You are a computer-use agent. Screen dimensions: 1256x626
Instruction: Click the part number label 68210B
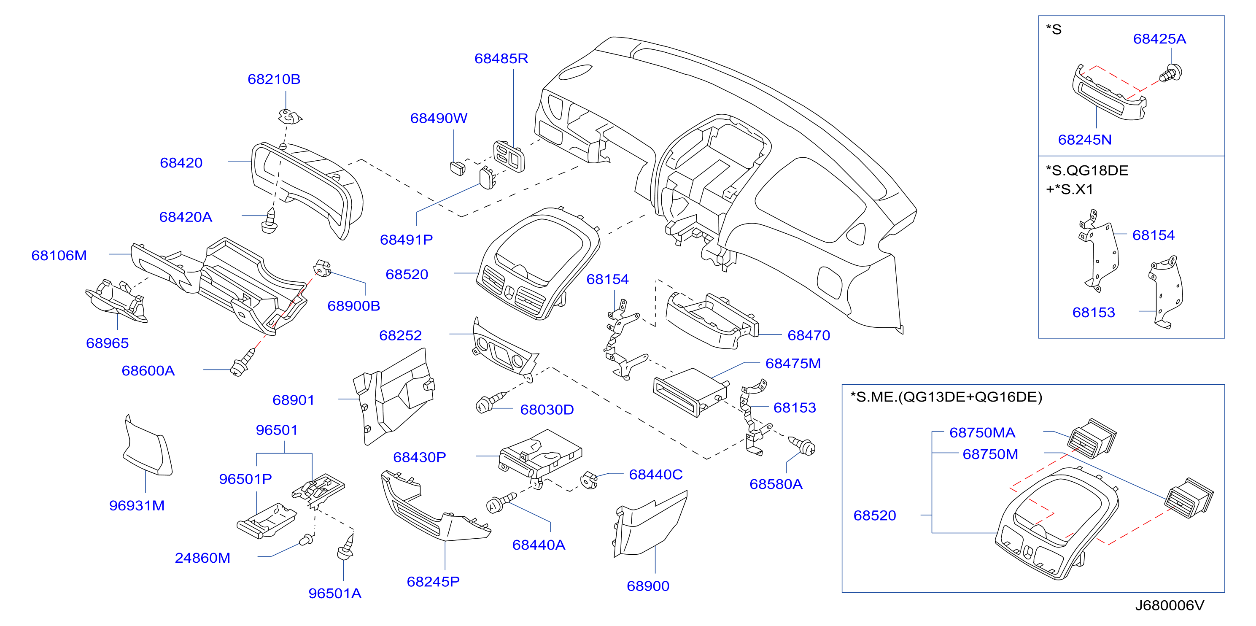(x=274, y=79)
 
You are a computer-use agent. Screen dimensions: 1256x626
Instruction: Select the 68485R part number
(x=501, y=59)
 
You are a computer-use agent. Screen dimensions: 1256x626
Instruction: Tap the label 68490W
(x=439, y=118)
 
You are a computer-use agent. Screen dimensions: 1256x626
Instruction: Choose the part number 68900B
(x=353, y=306)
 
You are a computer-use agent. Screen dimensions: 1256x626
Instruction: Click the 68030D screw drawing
(x=491, y=402)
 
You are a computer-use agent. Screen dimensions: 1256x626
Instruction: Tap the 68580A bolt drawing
(x=803, y=445)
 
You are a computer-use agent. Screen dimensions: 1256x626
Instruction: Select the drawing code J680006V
(x=1169, y=605)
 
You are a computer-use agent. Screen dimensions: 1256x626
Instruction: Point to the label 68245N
(x=1085, y=140)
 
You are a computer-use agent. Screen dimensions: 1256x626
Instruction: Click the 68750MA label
(x=982, y=432)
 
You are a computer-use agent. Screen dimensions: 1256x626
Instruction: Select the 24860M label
(x=202, y=558)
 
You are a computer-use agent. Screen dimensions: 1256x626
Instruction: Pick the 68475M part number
(x=793, y=363)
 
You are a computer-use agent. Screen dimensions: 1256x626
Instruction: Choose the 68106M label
(x=59, y=256)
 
